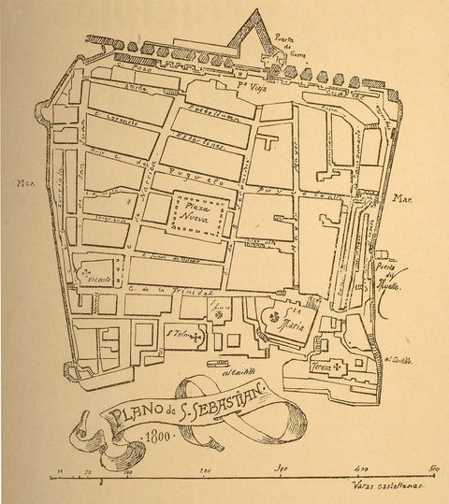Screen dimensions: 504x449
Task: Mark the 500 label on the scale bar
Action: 432,468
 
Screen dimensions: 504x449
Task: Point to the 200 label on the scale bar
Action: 205,468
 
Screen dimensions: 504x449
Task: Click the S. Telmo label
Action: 180,334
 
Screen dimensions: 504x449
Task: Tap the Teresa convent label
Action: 321,367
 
